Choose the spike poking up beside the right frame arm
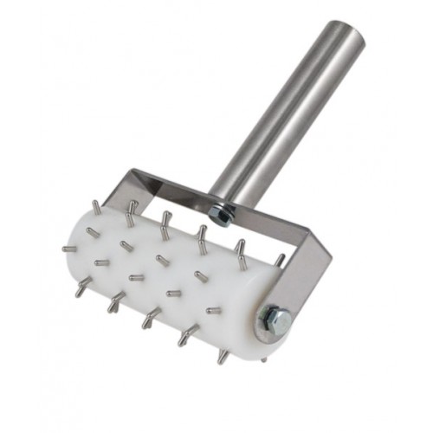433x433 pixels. (x=279, y=258)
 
